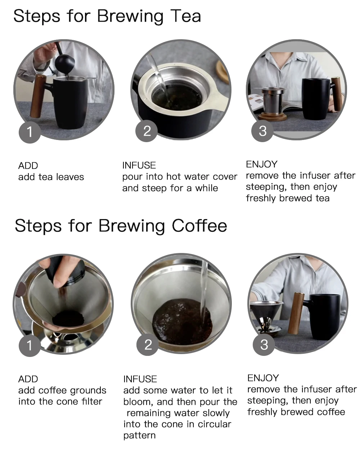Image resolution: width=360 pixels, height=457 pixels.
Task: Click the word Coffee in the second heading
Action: pyautogui.click(x=199, y=226)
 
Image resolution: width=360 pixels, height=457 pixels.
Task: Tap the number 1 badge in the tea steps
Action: pyautogui.click(x=30, y=132)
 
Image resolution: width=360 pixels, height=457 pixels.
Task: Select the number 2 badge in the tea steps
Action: pyautogui.click(x=147, y=131)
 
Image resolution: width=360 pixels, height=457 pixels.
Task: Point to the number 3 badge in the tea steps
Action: pyautogui.click(x=262, y=131)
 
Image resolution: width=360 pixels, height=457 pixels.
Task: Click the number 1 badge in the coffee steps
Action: pyautogui.click(x=30, y=346)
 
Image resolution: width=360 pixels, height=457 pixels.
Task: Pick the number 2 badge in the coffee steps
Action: pyautogui.click(x=148, y=344)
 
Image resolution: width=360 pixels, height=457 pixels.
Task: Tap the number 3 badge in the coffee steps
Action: pyautogui.click(x=264, y=344)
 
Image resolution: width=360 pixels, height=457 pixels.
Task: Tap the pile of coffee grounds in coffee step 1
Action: pyautogui.click(x=68, y=318)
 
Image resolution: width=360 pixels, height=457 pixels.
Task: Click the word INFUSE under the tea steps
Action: pyautogui.click(x=139, y=166)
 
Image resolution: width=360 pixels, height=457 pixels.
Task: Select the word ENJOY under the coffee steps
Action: pyautogui.click(x=263, y=378)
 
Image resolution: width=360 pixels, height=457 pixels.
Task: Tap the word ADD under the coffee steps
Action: pyautogui.click(x=28, y=379)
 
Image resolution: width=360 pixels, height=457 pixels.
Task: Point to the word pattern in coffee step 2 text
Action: pyautogui.click(x=139, y=435)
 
